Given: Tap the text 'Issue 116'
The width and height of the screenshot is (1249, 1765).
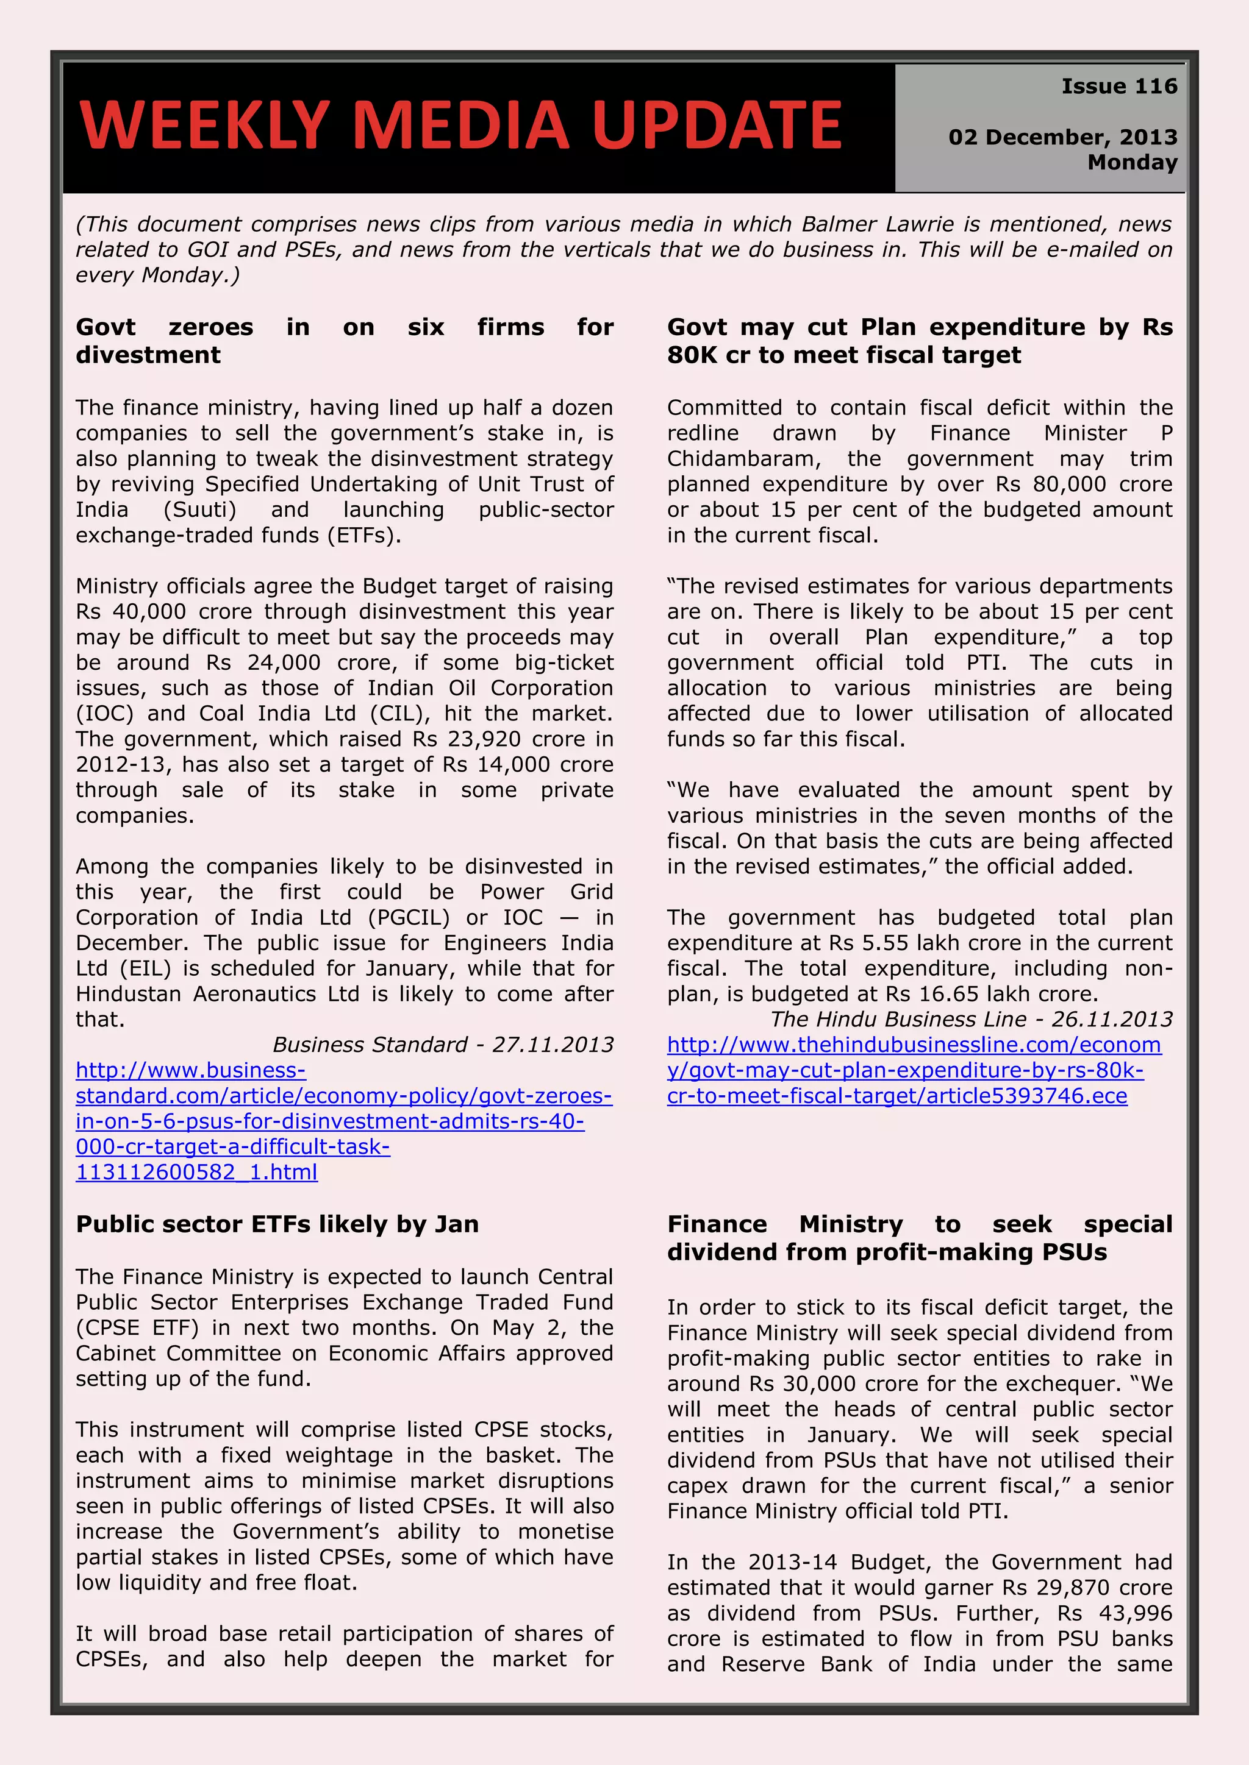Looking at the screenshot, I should point(1119,86).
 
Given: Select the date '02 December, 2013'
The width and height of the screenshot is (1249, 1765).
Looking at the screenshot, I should point(1062,137).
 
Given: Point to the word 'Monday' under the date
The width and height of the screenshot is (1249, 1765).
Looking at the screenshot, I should point(1132,162).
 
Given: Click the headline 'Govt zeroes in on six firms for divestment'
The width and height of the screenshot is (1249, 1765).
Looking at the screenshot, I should point(344,341).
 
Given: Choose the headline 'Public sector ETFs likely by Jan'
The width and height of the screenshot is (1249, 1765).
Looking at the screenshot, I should point(277,1224).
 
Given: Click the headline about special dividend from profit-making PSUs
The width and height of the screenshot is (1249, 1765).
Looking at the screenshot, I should point(919,1238).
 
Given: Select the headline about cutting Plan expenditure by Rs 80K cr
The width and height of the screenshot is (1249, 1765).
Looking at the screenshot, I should point(919,341).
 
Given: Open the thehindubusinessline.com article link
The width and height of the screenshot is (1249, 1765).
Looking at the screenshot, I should point(913,1070).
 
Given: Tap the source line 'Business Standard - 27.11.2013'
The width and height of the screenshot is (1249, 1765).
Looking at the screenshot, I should point(442,1045).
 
